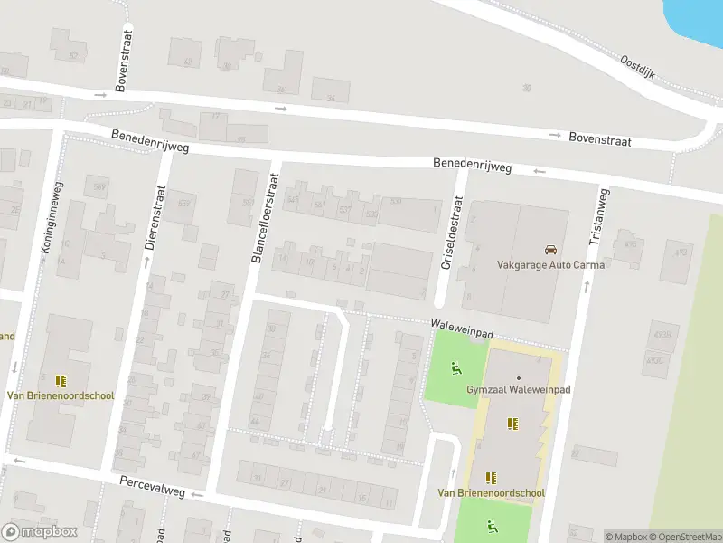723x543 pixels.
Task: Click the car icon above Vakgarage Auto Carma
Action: [x=550, y=250]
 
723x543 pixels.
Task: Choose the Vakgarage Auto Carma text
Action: [x=550, y=265]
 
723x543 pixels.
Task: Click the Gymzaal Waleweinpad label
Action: [x=519, y=388]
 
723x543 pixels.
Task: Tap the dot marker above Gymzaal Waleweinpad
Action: [x=519, y=376]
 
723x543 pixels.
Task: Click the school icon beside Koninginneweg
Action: [x=61, y=381]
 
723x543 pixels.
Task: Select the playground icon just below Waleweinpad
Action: [x=455, y=368]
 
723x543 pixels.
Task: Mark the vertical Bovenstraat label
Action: [x=125, y=60]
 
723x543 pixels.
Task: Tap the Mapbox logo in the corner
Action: [x=38, y=532]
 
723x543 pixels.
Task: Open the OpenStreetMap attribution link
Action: [x=683, y=537]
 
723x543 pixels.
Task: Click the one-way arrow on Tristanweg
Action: [x=587, y=286]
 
